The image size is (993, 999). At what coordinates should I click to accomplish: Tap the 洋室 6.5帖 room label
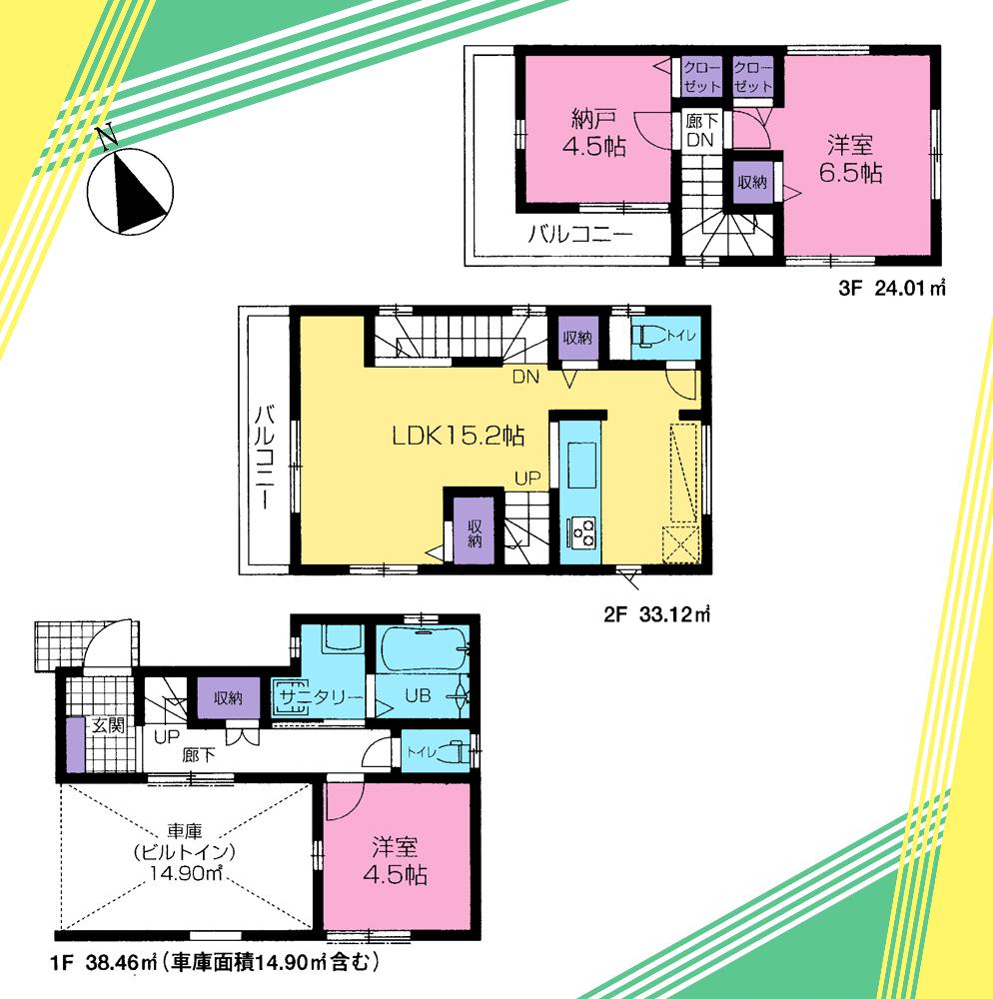pyautogui.click(x=849, y=158)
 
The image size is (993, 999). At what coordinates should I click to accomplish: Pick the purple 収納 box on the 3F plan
pyautogui.click(x=752, y=182)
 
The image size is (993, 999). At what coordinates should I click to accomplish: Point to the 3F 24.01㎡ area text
pyautogui.click(x=891, y=291)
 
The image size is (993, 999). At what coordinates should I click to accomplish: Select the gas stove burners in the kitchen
pyautogui.click(x=582, y=530)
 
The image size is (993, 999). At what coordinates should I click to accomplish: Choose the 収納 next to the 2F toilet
pyautogui.click(x=576, y=338)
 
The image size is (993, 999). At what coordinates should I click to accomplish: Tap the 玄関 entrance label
pyautogui.click(x=107, y=726)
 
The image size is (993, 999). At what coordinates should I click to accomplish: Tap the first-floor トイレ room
pyautogui.click(x=436, y=754)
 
